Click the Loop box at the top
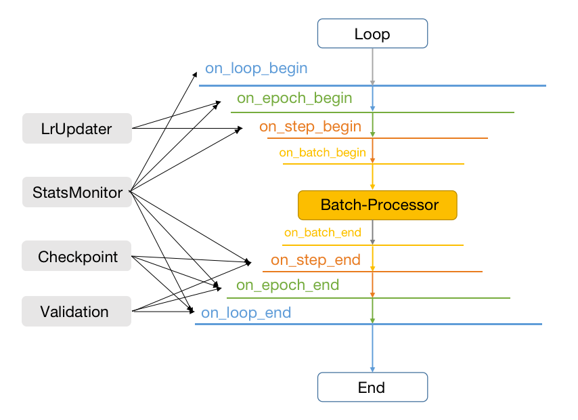372,34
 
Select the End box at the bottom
372,387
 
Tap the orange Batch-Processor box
378,205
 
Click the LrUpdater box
76,129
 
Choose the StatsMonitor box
76,193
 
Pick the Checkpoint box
76,257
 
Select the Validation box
76,312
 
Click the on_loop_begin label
257,68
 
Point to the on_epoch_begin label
294,98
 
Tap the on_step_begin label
310,127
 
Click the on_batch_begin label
322,152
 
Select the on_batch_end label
322,232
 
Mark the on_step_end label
315,260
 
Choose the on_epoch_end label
288,285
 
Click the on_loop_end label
246,313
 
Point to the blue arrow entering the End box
372,349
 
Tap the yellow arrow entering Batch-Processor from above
372,177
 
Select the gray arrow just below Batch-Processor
372,232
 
